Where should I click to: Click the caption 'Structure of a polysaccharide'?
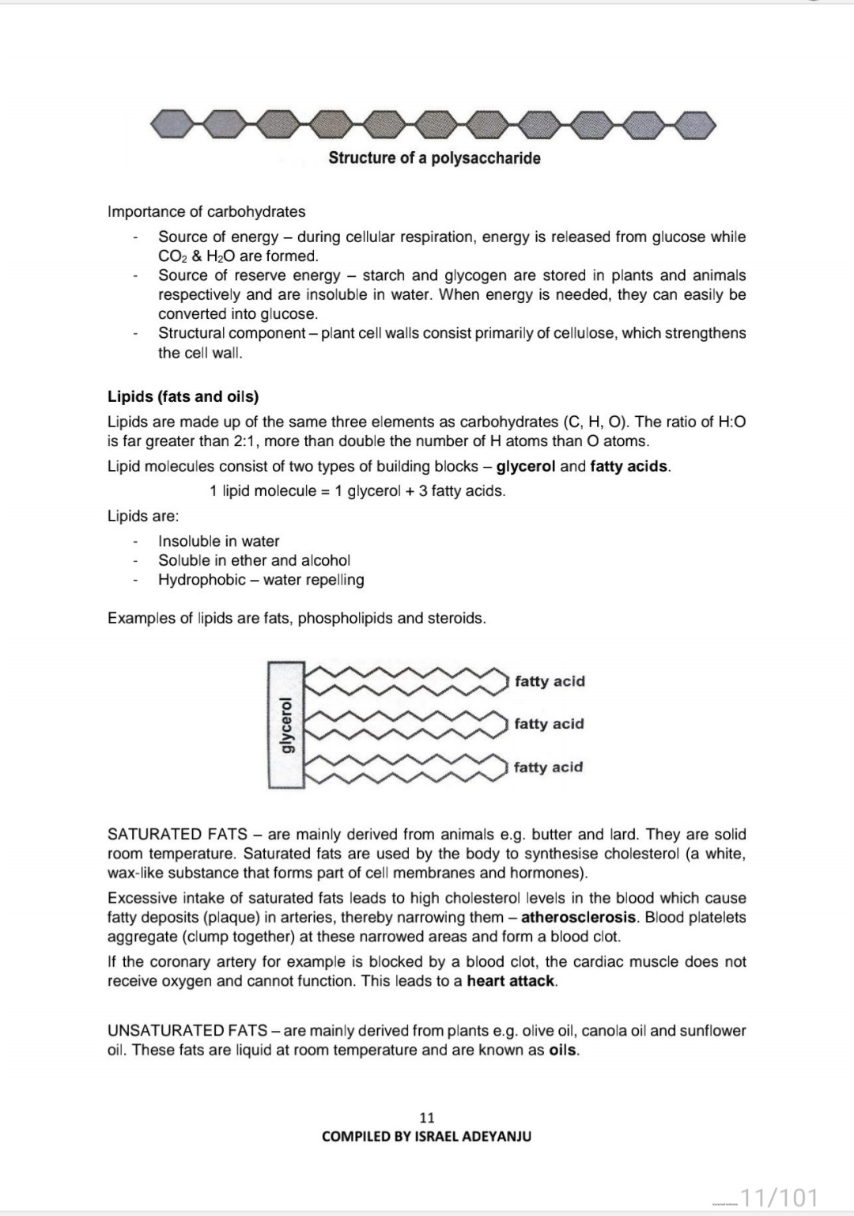[434, 157]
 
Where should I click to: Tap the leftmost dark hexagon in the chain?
[171, 123]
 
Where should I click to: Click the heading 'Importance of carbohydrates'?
[206, 211]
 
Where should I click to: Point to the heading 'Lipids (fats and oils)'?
[183, 396]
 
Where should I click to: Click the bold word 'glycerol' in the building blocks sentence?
[526, 466]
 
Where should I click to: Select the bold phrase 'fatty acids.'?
[630, 466]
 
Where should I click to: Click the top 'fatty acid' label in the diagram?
[550, 681]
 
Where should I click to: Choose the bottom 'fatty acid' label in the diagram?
[548, 767]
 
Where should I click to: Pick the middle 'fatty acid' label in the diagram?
[549, 724]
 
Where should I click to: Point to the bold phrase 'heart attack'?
[512, 981]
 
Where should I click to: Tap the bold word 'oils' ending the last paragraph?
[563, 1050]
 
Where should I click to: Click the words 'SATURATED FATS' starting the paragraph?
[177, 834]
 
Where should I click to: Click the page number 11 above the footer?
[426, 1117]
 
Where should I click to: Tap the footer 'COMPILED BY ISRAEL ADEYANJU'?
[426, 1136]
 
